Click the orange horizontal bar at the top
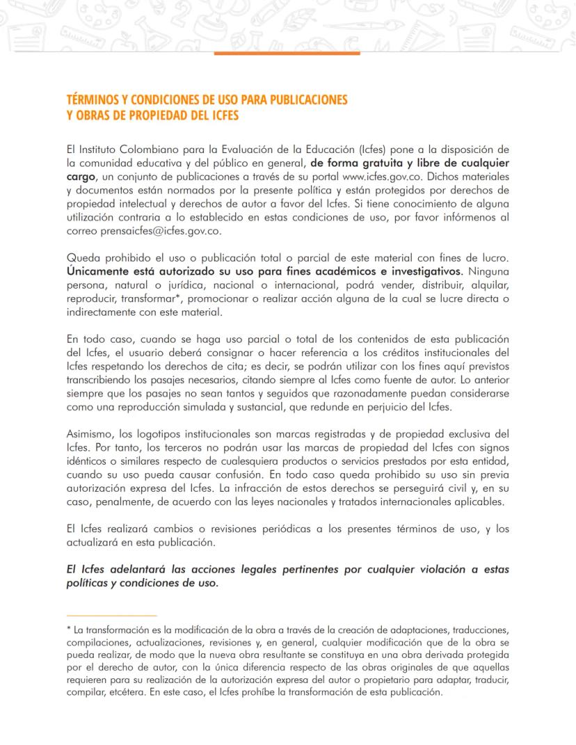point(287,53)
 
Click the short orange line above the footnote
point(111,616)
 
